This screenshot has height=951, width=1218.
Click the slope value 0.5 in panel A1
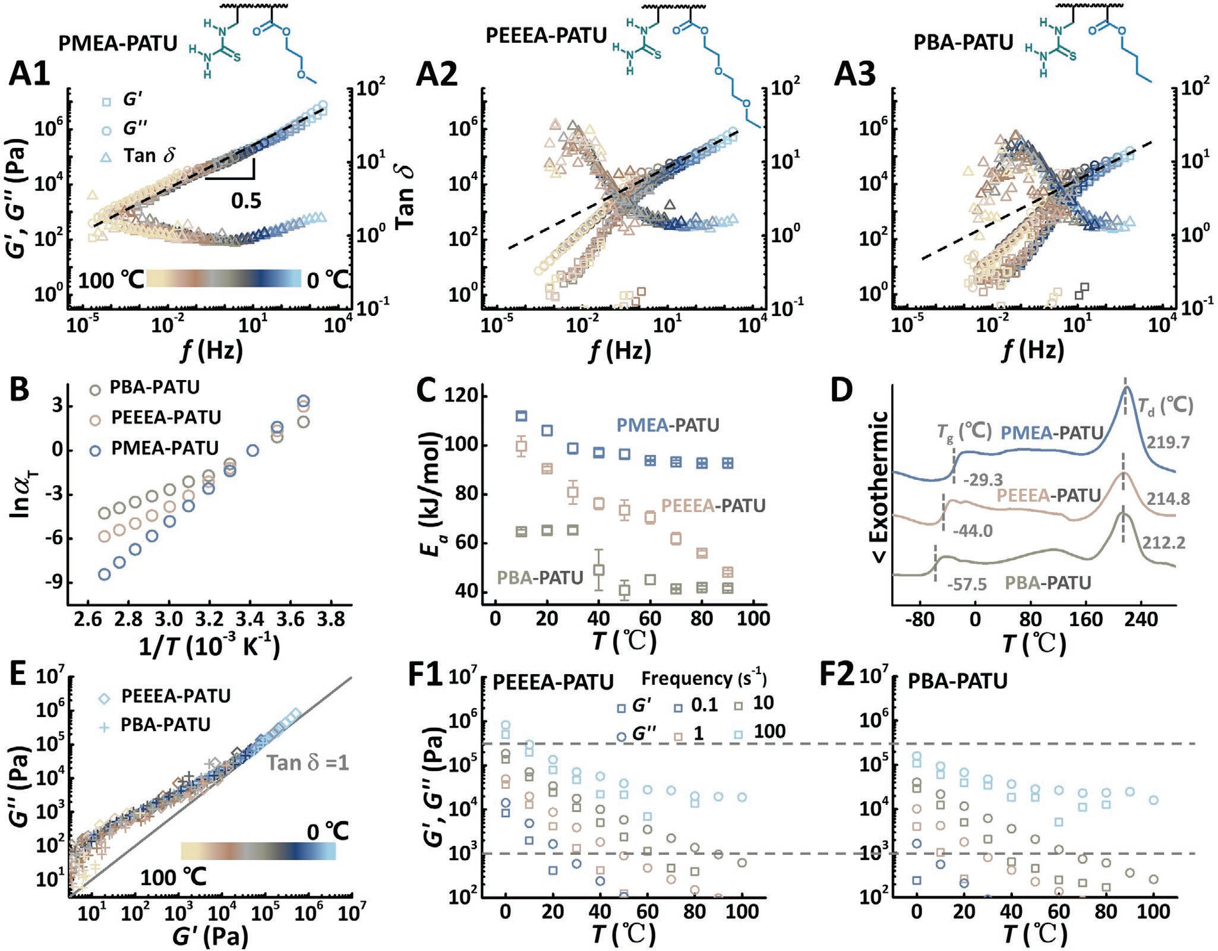click(x=246, y=200)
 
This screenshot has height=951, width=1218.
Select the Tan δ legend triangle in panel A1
click(x=106, y=156)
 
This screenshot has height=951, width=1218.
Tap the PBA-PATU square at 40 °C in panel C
click(x=599, y=570)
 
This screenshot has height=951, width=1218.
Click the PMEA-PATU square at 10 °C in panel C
click(x=521, y=416)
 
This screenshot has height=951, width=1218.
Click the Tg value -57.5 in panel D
click(x=967, y=584)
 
